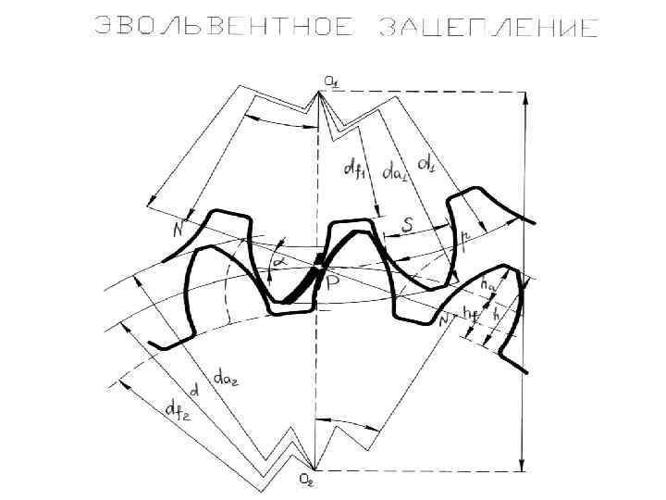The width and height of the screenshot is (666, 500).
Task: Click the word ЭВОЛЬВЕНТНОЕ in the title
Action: point(225,27)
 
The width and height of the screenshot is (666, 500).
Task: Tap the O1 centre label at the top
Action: point(330,81)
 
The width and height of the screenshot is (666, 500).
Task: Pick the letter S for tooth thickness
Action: point(407,224)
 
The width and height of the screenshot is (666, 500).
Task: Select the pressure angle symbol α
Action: point(276,263)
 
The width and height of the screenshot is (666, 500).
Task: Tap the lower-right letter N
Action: point(445,319)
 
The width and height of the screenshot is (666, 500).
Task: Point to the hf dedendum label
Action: point(472,313)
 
